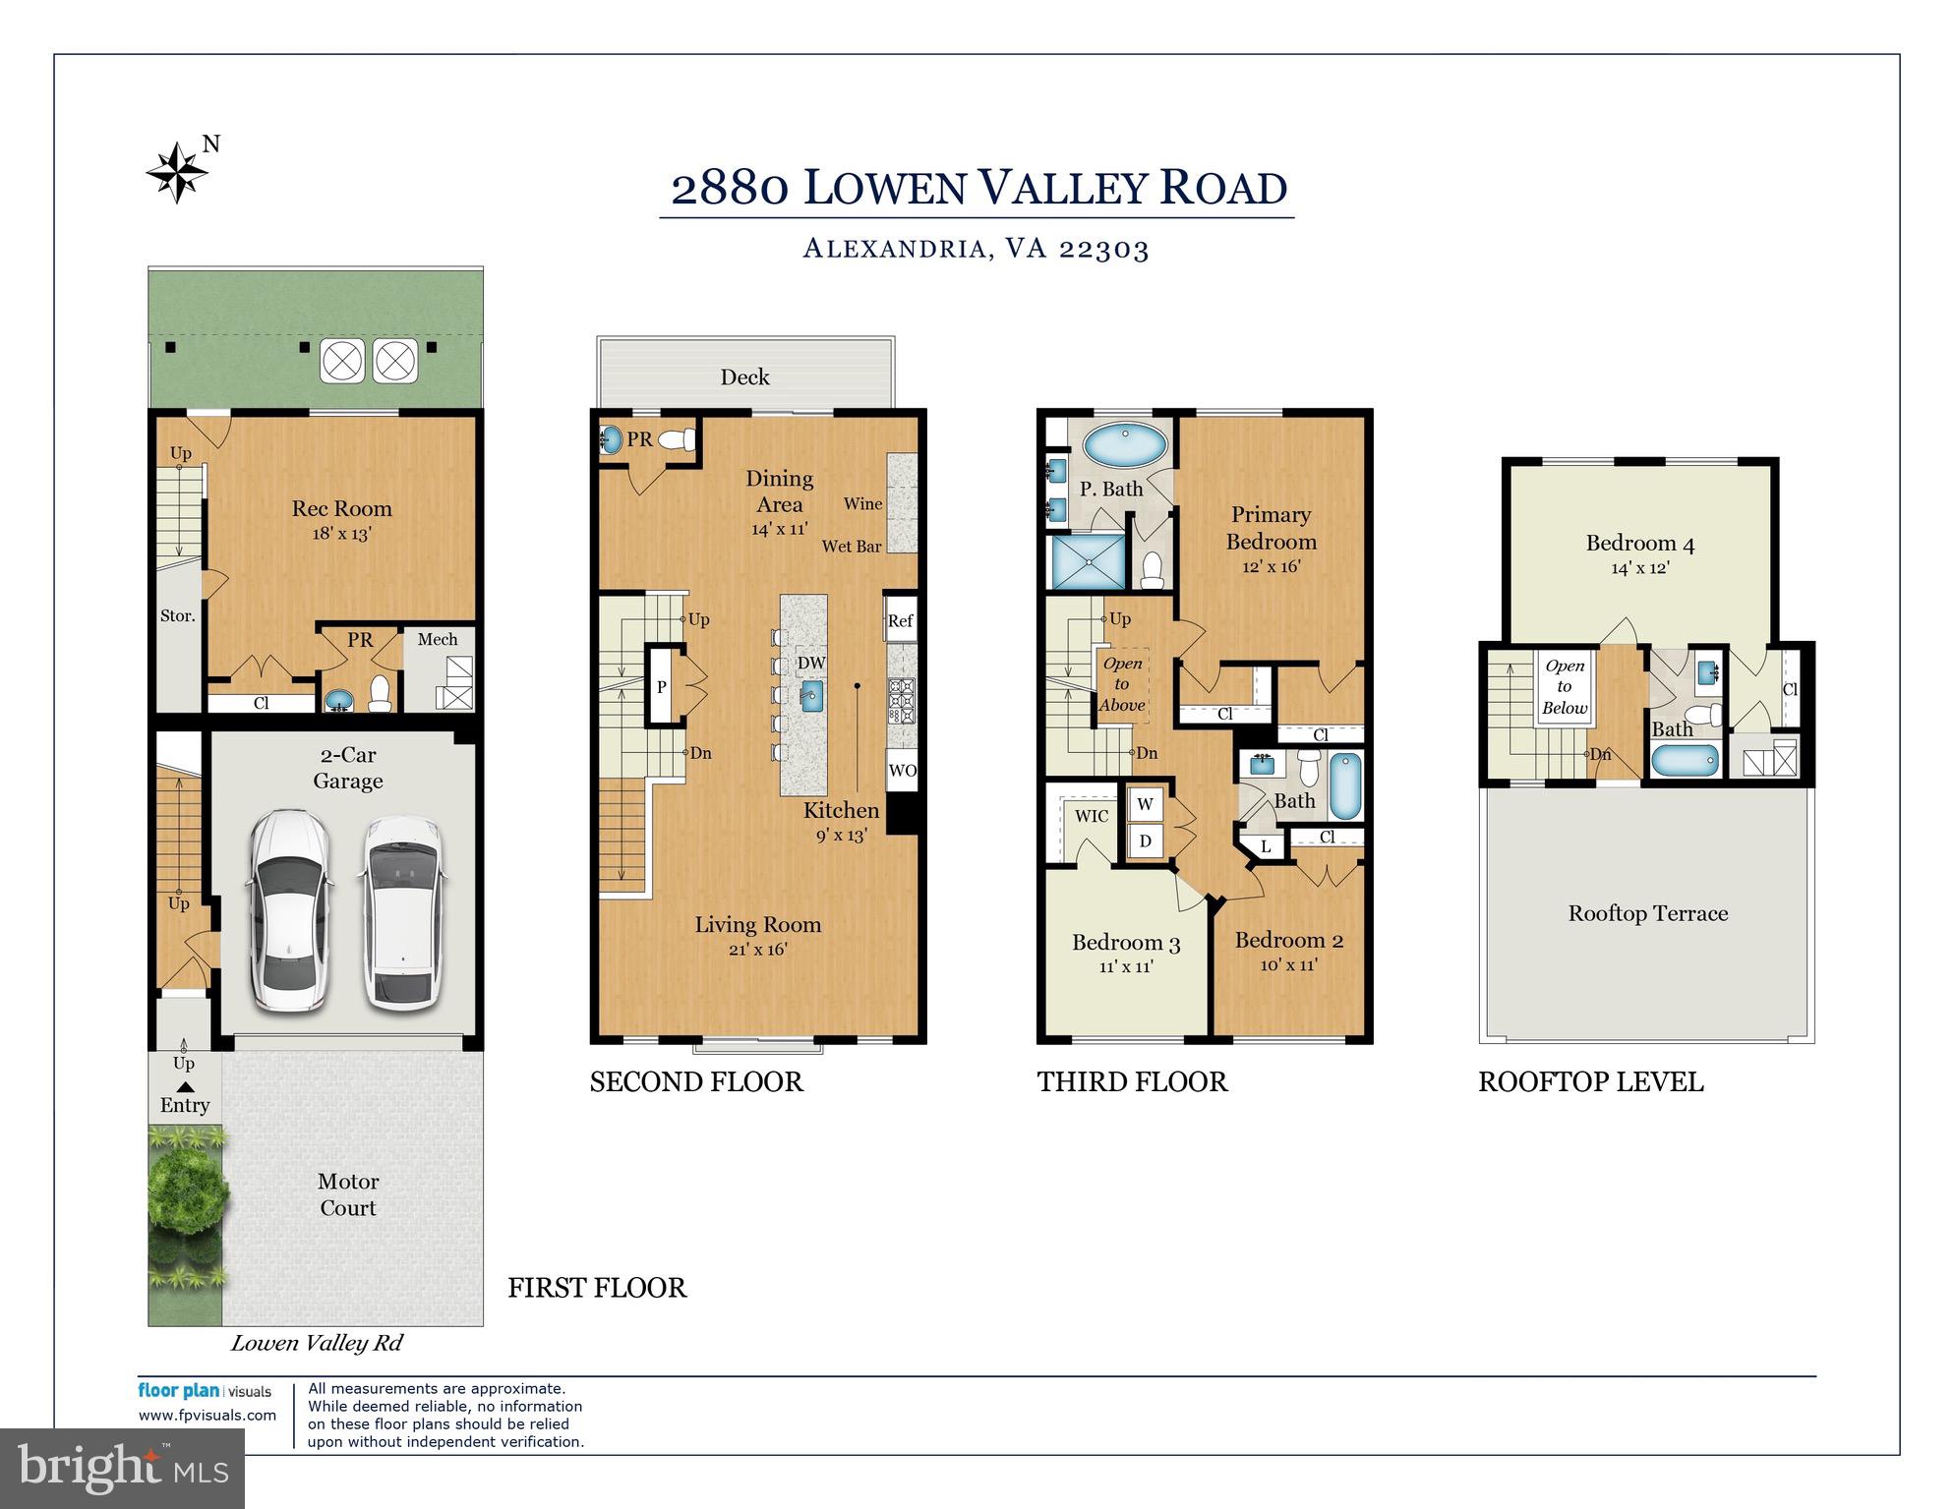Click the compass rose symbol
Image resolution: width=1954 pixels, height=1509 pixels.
tap(178, 173)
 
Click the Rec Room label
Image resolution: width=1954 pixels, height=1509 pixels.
tap(341, 508)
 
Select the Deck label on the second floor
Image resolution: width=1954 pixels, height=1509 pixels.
tap(744, 377)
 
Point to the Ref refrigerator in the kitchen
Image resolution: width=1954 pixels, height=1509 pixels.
tap(900, 620)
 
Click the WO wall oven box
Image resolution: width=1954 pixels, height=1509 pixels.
tap(902, 771)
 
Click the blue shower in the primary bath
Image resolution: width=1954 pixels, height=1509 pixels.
tap(1088, 561)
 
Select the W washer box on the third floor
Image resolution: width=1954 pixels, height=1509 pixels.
tap(1145, 804)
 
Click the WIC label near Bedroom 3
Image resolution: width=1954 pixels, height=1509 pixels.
tap(1092, 816)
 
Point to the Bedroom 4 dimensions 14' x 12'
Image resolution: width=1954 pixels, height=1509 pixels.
tap(1639, 568)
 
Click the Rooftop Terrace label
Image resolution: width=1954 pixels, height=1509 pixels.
tap(1647, 913)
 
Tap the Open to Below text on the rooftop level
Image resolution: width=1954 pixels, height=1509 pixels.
tap(1564, 686)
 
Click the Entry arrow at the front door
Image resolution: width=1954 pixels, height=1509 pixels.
tap(185, 1087)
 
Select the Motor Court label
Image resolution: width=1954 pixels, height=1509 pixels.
tap(348, 1194)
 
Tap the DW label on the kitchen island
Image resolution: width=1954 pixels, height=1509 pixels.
tap(811, 664)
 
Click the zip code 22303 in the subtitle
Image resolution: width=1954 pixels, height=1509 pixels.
tap(1103, 249)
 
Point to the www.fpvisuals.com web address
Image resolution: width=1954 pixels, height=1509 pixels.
tap(207, 1416)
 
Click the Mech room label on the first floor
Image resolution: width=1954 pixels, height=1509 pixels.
tap(437, 639)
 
